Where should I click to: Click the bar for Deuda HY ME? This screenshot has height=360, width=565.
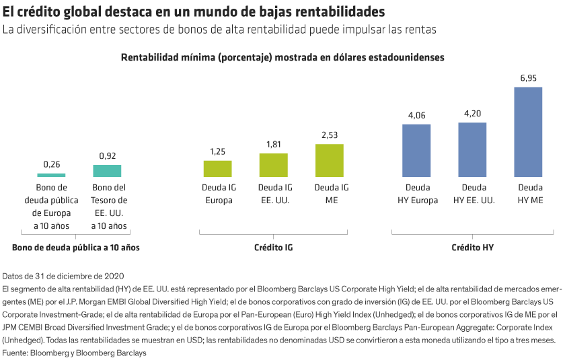coord(528,132)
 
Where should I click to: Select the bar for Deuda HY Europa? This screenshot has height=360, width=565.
coord(416,150)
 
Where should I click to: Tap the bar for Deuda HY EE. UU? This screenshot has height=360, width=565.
coord(472,149)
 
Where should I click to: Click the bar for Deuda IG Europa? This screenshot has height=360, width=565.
coord(217,168)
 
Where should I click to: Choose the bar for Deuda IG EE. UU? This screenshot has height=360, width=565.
coord(273,166)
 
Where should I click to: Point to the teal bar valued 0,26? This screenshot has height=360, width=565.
coord(52,174)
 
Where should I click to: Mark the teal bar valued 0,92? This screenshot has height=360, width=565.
coord(108,171)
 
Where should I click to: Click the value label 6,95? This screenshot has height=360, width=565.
coord(528,79)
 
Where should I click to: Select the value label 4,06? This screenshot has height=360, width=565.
coord(416,116)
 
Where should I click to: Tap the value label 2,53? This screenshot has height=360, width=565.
coord(330,135)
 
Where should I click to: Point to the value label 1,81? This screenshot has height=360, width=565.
coord(273,145)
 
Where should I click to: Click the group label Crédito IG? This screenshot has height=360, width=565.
coord(273,248)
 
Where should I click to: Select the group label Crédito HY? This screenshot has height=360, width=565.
coord(472,248)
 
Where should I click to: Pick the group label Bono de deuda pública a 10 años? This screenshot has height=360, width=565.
coord(76,248)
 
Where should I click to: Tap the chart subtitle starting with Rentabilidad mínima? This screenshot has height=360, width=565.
coord(282,58)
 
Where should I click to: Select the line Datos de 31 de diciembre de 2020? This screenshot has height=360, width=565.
coord(64,277)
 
